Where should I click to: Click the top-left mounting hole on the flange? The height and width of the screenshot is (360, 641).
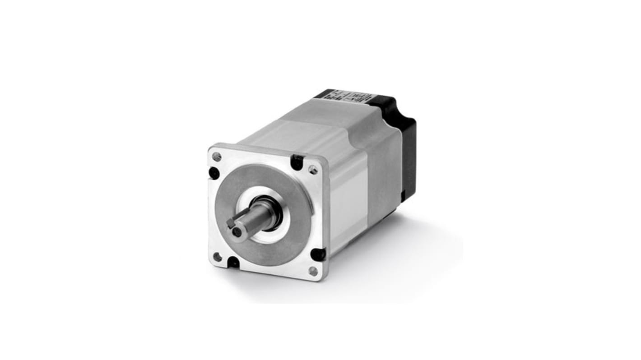coord(217,157)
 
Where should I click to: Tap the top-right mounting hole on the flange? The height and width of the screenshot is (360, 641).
coord(312,170)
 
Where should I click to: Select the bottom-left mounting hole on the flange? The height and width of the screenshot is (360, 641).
coord(217,257)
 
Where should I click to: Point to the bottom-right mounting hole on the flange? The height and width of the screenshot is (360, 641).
coord(313,271)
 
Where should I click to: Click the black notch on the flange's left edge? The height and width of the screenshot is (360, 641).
coord(214,173)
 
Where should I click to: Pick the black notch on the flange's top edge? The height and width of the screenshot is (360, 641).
coord(297,162)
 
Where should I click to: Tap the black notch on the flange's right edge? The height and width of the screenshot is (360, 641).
coord(318,254)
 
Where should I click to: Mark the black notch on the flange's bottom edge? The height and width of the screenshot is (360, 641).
coord(234,262)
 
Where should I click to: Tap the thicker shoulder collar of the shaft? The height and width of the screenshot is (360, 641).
coord(266,212)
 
